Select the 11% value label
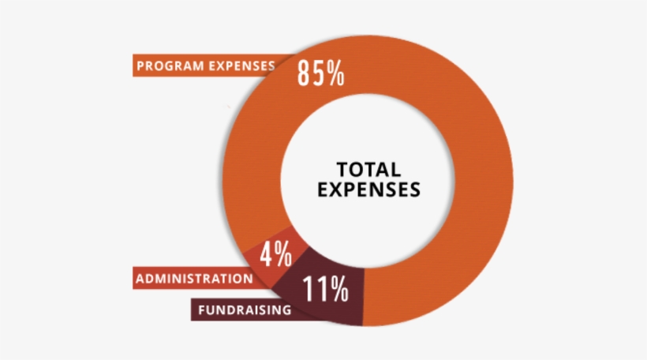click(325, 291)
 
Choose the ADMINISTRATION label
click(194, 279)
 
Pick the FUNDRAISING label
click(245, 310)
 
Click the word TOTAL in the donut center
click(368, 169)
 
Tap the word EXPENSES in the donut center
click(368, 189)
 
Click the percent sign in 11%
click(339, 291)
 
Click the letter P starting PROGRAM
click(140, 66)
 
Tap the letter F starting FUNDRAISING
click(202, 310)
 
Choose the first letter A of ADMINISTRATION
click(140, 279)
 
